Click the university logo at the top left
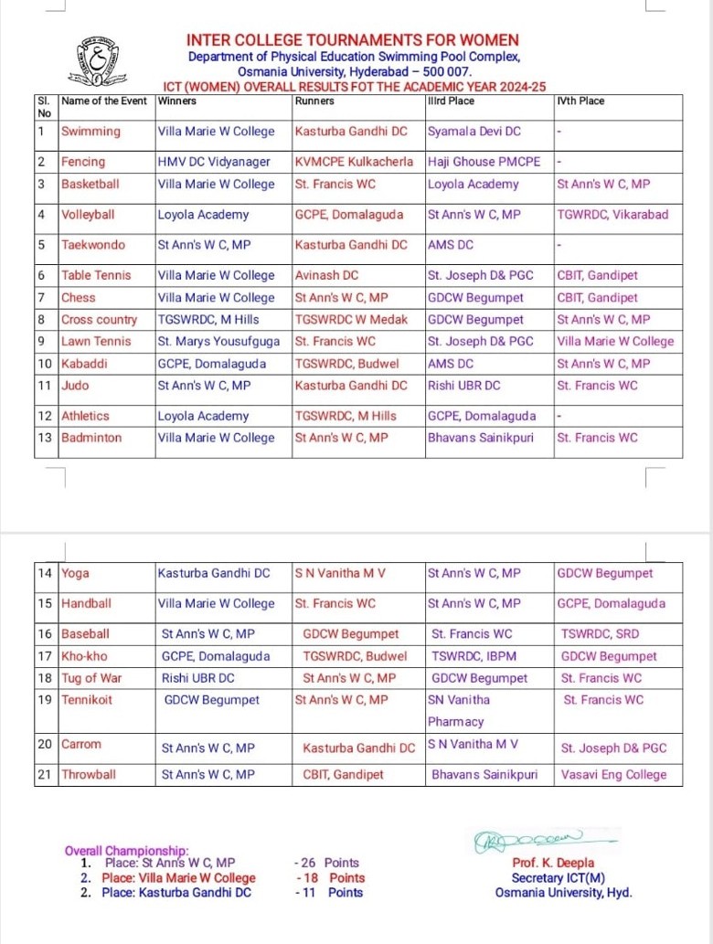click(91, 61)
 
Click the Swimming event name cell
click(90, 132)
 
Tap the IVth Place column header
click(580, 101)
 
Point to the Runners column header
click(314, 101)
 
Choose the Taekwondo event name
click(93, 245)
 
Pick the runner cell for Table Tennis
click(326, 275)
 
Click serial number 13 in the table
click(44, 438)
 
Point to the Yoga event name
click(75, 574)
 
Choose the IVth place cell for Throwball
click(614, 775)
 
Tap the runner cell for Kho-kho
click(355, 656)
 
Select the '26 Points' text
click(327, 863)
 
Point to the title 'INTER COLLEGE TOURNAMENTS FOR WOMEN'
click(352, 40)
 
